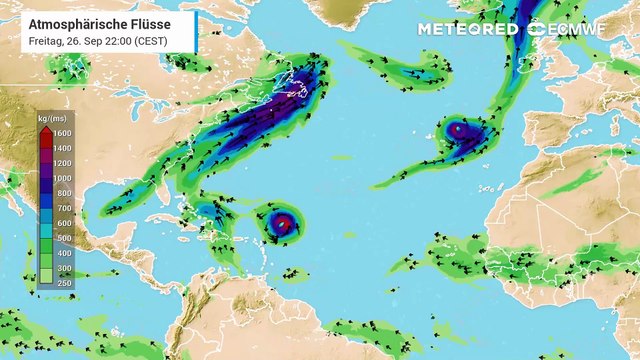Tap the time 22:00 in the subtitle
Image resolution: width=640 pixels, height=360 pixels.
(122, 40)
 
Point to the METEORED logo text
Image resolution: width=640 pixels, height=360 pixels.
(469, 29)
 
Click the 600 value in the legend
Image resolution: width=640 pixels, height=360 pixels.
(62, 222)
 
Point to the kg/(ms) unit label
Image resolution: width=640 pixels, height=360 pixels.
(51, 118)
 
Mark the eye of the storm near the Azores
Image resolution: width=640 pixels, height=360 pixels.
(457, 128)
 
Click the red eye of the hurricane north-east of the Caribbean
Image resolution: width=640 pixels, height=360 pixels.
(282, 222)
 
